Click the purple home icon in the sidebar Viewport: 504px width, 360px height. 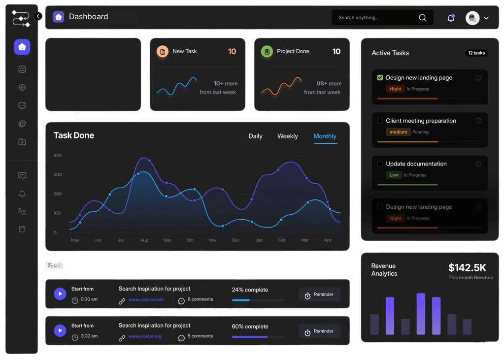pyautogui.click(x=22, y=47)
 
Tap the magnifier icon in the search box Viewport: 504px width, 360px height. pyautogui.click(x=422, y=18)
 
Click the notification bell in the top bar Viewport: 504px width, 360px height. pyautogui.click(x=451, y=18)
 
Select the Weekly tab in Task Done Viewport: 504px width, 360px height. pyautogui.click(x=287, y=136)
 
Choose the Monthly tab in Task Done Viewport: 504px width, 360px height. pyautogui.click(x=325, y=136)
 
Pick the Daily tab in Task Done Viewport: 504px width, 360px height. pyautogui.click(x=255, y=136)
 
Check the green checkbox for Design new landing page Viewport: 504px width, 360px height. pyautogui.click(x=380, y=78)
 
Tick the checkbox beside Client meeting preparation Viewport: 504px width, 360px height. pyautogui.click(x=380, y=121)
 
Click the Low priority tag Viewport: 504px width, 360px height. pyautogui.click(x=394, y=175)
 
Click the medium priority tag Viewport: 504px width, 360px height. pyautogui.click(x=398, y=132)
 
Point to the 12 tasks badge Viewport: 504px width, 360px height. pyautogui.click(x=476, y=53)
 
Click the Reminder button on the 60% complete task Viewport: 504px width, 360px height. pyautogui.click(x=319, y=331)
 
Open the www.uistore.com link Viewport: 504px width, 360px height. pyautogui.click(x=146, y=299)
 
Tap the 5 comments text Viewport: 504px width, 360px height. pyautogui.click(x=200, y=336)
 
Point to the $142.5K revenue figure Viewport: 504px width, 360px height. pyautogui.click(x=467, y=268)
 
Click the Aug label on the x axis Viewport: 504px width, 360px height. pyautogui.click(x=144, y=240)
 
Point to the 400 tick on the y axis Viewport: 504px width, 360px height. pyautogui.click(x=58, y=156)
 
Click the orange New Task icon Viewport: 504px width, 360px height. pyautogui.click(x=162, y=51)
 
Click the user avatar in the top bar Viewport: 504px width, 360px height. pyautogui.click(x=472, y=18)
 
